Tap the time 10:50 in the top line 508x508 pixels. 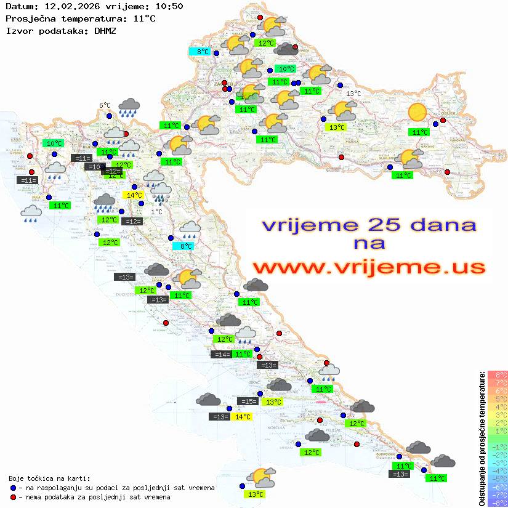[169, 7]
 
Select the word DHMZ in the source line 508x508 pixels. [105, 30]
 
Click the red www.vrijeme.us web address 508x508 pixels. [369, 267]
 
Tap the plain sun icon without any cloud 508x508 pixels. [417, 112]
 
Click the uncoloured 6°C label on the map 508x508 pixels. [105, 105]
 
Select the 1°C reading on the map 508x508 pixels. [156, 212]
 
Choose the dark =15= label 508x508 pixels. [248, 401]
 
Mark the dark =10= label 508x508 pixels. [95, 167]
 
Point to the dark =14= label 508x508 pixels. [220, 354]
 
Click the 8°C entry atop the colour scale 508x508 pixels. [498, 375]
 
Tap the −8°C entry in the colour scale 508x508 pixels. [498, 502]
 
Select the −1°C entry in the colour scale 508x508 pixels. [498, 446]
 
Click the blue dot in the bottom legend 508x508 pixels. [13, 488]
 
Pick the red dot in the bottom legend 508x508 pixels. [13, 497]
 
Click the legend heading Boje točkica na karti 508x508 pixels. [49, 478]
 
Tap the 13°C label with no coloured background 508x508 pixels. [353, 94]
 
